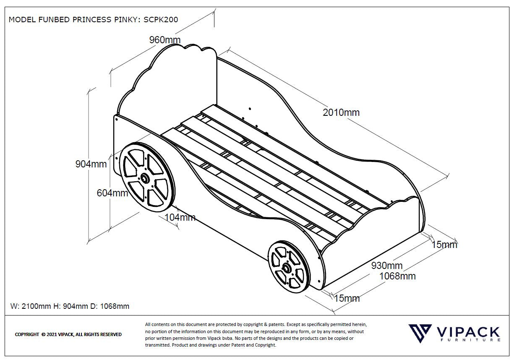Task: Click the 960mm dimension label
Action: (164, 40)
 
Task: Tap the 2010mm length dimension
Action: (341, 112)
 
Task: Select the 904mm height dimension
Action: (91, 164)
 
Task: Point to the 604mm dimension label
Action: (112, 193)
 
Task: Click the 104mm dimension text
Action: (180, 217)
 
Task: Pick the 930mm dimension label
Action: (386, 266)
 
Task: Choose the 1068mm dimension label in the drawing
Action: (397, 276)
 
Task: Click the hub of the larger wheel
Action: (145, 179)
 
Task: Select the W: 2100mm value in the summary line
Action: (30, 306)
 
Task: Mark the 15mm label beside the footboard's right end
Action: (444, 245)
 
